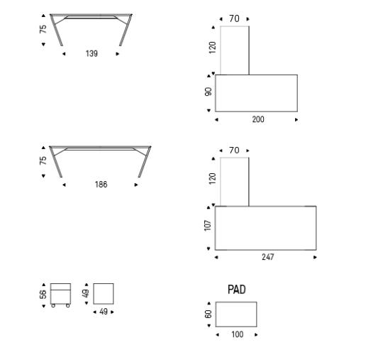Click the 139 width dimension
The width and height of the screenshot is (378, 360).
click(x=91, y=53)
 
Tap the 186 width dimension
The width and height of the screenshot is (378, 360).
click(x=101, y=185)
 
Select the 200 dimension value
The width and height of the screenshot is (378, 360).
click(x=258, y=119)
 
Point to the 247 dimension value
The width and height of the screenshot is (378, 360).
click(x=268, y=257)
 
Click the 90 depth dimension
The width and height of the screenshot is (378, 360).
click(x=208, y=92)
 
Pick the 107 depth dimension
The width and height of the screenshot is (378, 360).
click(x=208, y=226)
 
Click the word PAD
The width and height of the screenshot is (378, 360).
click(x=236, y=290)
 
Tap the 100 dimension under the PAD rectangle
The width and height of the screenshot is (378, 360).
click(x=237, y=334)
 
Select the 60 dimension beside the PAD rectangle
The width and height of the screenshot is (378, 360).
click(x=208, y=314)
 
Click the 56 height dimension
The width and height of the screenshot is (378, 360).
click(x=43, y=295)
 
